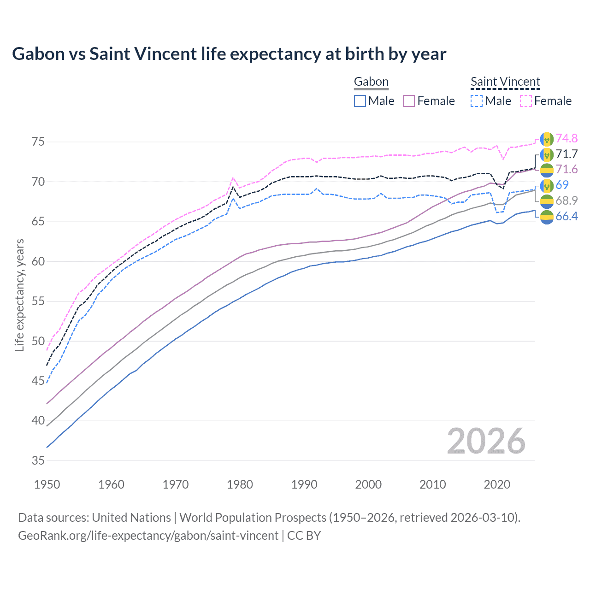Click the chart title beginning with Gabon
[x=229, y=54]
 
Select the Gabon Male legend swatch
[x=360, y=101]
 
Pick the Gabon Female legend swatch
[x=409, y=101]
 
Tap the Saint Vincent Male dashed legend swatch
[x=477, y=101]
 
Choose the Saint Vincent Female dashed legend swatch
[x=526, y=101]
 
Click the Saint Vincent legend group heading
[x=505, y=82]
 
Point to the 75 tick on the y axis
[x=38, y=142]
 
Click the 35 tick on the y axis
[x=38, y=460]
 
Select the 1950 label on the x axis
[x=47, y=484]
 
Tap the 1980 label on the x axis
[x=240, y=484]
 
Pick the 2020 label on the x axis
[x=497, y=484]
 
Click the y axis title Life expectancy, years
[x=20, y=295]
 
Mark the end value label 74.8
[x=566, y=138]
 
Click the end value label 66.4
[x=566, y=216]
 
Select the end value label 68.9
[x=566, y=201]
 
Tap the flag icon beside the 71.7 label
[x=547, y=154]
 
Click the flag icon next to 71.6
[x=547, y=170]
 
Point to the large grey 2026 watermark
[x=486, y=442]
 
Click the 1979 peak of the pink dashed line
[x=233, y=177]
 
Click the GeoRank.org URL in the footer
[x=148, y=536]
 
